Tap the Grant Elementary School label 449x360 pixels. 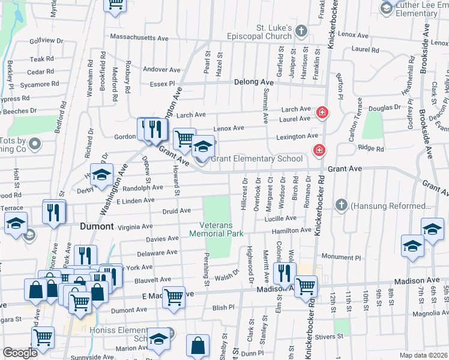point(256,159)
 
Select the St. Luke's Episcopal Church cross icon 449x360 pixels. point(304,30)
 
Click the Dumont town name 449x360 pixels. point(97,226)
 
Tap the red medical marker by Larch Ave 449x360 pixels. point(322,112)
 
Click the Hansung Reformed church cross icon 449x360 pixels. point(341,205)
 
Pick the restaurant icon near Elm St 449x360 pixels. point(284,272)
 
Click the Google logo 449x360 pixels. point(20,353)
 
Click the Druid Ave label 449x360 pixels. point(176,211)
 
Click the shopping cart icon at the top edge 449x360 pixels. point(115,4)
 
